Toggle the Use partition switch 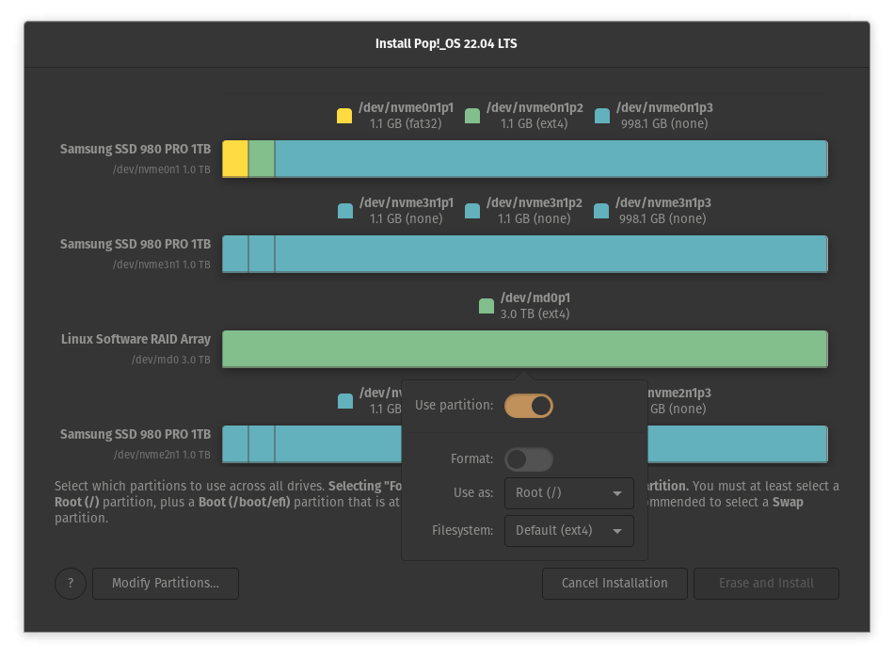(528, 406)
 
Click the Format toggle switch (528, 459)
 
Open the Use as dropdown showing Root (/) (568, 493)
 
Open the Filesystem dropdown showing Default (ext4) (568, 531)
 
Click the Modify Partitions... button (165, 584)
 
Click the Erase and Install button (766, 584)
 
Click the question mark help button (71, 584)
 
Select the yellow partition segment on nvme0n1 (235, 159)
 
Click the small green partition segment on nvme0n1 (262, 159)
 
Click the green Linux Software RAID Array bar (524, 349)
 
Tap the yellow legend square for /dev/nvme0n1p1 (344, 116)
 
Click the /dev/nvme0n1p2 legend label (535, 108)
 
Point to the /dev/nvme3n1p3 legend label (663, 203)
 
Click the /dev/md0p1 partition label (535, 298)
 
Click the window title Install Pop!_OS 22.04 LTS (446, 44)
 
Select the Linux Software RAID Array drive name (136, 339)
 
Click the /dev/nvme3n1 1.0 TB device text (161, 265)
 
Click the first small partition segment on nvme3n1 (235, 254)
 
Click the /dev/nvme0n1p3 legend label (663, 108)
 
